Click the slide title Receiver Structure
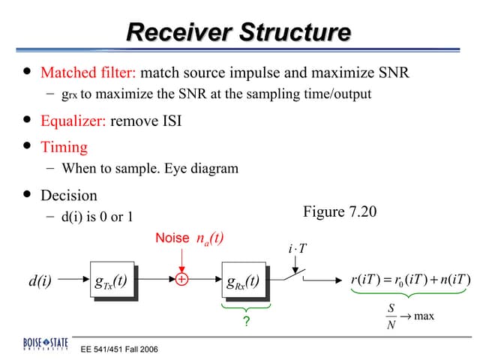pyautogui.click(x=238, y=33)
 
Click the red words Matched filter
pyautogui.click(x=88, y=73)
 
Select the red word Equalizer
pyautogui.click(x=73, y=121)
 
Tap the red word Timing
pyautogui.click(x=64, y=147)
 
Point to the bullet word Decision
pyautogui.click(x=69, y=196)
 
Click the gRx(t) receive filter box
pyautogui.click(x=243, y=282)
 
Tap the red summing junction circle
pyautogui.click(x=181, y=282)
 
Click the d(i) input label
pyautogui.click(x=40, y=282)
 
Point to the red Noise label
pyautogui.click(x=172, y=238)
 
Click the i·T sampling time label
pyautogui.click(x=297, y=249)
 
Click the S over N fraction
pyautogui.click(x=391, y=316)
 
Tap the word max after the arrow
pyautogui.click(x=424, y=316)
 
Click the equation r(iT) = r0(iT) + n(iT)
pyautogui.click(x=409, y=281)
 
